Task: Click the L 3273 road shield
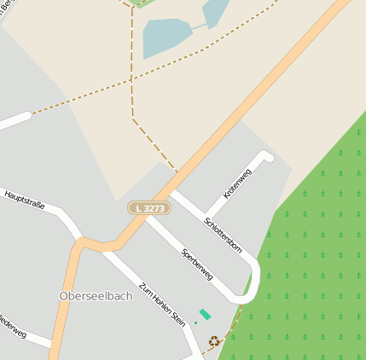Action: (x=149, y=208)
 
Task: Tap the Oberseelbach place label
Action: (x=96, y=296)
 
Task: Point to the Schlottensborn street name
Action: (x=224, y=235)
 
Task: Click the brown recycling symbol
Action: (x=213, y=341)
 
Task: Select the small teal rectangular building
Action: (x=205, y=314)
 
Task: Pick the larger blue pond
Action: (x=166, y=37)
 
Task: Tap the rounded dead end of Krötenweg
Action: (x=267, y=156)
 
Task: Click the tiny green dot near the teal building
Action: (x=195, y=323)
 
